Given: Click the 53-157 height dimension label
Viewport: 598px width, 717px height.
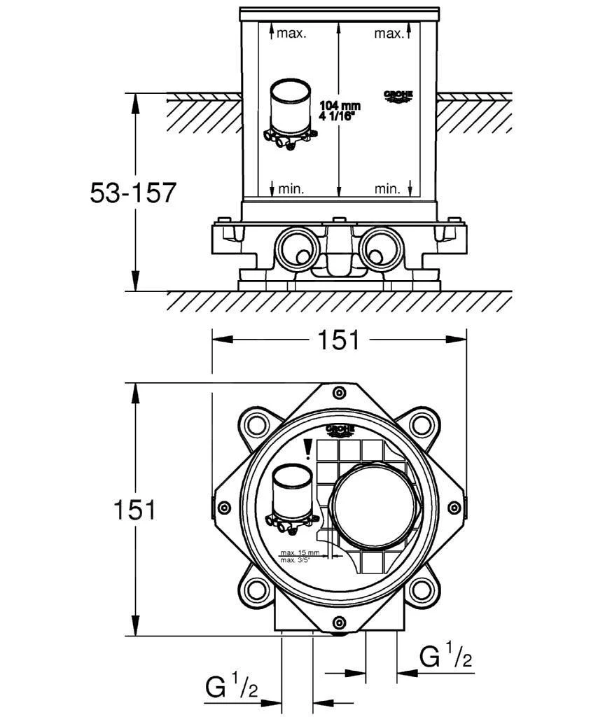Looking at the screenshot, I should [x=132, y=193].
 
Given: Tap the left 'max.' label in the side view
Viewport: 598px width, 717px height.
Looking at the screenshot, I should [x=291, y=34].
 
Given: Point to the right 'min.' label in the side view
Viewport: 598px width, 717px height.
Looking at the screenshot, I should [x=387, y=188].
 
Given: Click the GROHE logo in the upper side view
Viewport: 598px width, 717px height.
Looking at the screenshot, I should [x=398, y=97].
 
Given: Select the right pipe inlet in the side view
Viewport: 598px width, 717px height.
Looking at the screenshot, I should [x=380, y=247].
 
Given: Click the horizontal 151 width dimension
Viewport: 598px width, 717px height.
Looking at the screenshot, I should [x=339, y=340].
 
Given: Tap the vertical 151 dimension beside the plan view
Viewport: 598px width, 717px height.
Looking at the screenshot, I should [x=134, y=510].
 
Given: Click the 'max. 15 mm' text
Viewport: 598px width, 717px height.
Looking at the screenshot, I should [x=299, y=552].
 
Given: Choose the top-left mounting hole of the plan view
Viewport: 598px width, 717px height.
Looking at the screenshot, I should [x=255, y=424].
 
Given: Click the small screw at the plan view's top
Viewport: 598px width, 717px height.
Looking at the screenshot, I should [x=339, y=391].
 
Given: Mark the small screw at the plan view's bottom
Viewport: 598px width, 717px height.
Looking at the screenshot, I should [x=339, y=622].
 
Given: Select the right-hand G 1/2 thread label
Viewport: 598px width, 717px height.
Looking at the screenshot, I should [x=445, y=657].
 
